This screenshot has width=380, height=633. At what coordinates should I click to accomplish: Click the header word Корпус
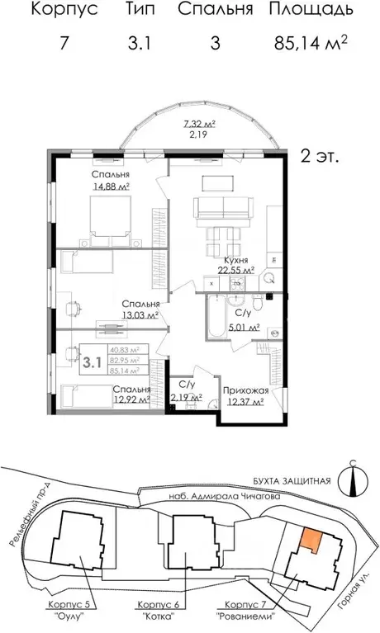click(64, 11)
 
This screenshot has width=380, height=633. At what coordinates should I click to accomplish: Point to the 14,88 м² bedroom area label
click(113, 187)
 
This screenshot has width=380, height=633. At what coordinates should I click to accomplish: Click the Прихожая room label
click(244, 390)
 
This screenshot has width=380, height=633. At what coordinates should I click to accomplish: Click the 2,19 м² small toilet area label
click(186, 398)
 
